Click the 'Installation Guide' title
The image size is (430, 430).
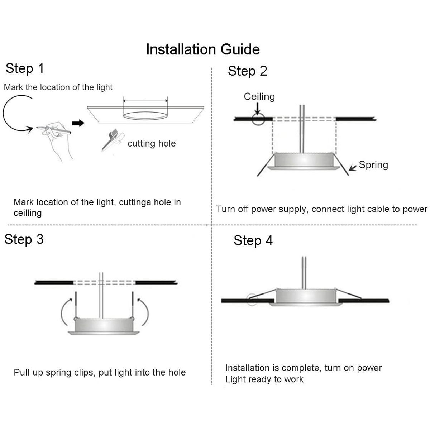(203, 49)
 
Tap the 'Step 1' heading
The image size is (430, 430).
(25, 68)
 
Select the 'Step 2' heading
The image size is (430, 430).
(247, 71)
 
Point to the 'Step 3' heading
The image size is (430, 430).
(24, 239)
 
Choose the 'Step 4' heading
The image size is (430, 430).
(253, 240)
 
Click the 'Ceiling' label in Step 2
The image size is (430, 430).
(259, 97)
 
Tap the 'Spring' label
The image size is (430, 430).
(373, 165)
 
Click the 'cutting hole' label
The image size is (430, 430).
(152, 144)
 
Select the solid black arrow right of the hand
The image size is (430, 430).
(78, 123)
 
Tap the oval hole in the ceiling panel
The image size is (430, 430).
(145, 115)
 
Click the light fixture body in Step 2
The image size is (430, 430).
(304, 160)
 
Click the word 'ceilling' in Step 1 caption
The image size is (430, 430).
(28, 213)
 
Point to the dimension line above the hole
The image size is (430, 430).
(145, 101)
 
